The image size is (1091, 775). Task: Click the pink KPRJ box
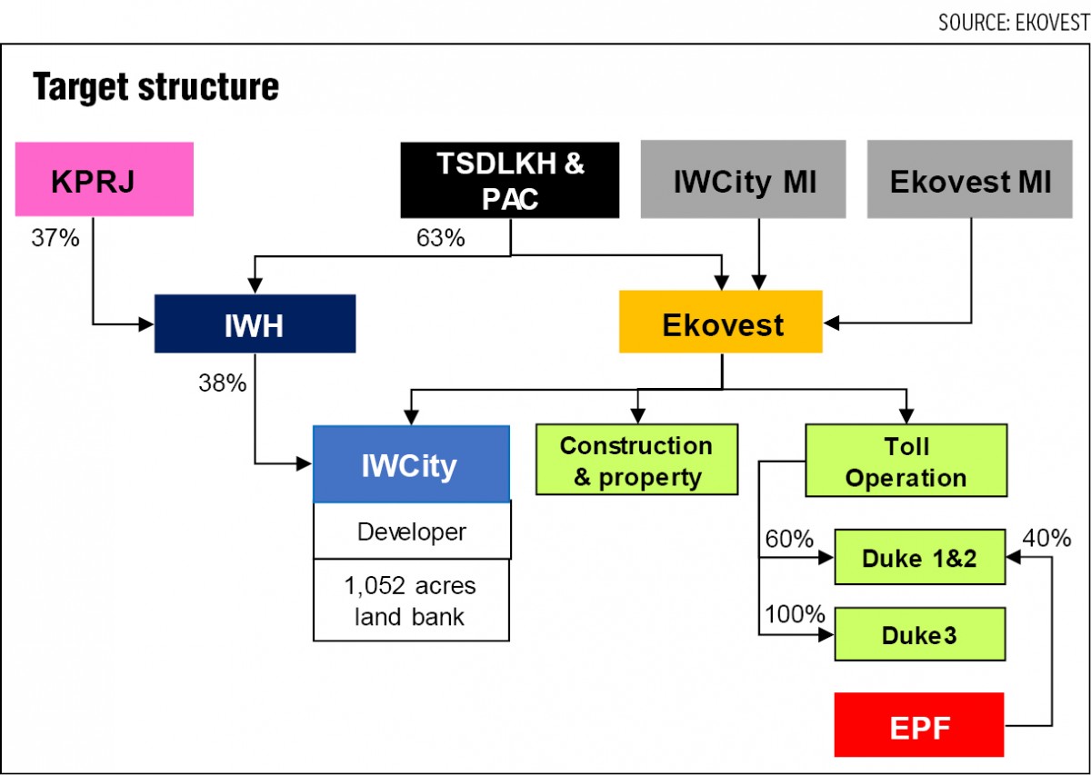point(105,179)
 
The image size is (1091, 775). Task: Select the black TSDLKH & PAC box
point(510,180)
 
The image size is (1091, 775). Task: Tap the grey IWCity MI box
point(744,179)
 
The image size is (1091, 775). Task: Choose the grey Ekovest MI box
point(970,179)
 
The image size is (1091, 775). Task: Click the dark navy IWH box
point(255,323)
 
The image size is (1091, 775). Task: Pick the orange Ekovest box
point(721,322)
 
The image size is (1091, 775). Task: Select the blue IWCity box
point(412,464)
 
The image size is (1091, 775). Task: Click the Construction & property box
point(637,460)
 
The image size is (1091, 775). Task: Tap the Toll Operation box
point(906,461)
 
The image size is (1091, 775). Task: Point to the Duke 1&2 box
point(920,557)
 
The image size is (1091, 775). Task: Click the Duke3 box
point(920,634)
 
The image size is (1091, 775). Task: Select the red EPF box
point(919,725)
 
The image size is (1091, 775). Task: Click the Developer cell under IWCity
point(412,532)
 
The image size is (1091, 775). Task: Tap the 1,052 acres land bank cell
point(412,601)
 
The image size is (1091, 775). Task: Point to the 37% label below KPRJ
point(55,238)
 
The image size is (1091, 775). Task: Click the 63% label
point(440,238)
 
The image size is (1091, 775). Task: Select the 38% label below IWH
point(222,383)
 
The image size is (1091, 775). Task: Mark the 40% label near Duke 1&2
point(1046,538)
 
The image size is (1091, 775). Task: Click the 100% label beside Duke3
point(795,614)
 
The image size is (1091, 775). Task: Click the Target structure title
point(155,86)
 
